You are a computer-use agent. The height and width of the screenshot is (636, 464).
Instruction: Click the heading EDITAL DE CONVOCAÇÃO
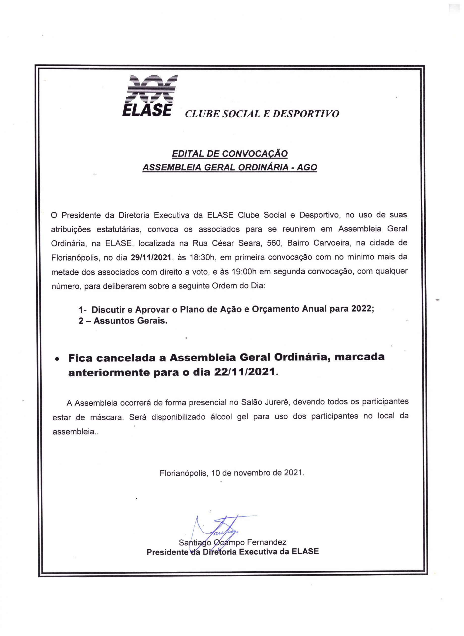(229, 154)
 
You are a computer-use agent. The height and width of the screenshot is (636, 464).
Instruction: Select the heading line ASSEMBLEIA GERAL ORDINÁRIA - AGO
(229, 167)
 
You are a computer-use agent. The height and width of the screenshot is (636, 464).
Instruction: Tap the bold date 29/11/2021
(151, 257)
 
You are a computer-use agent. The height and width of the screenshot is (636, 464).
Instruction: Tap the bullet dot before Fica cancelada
(57, 359)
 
